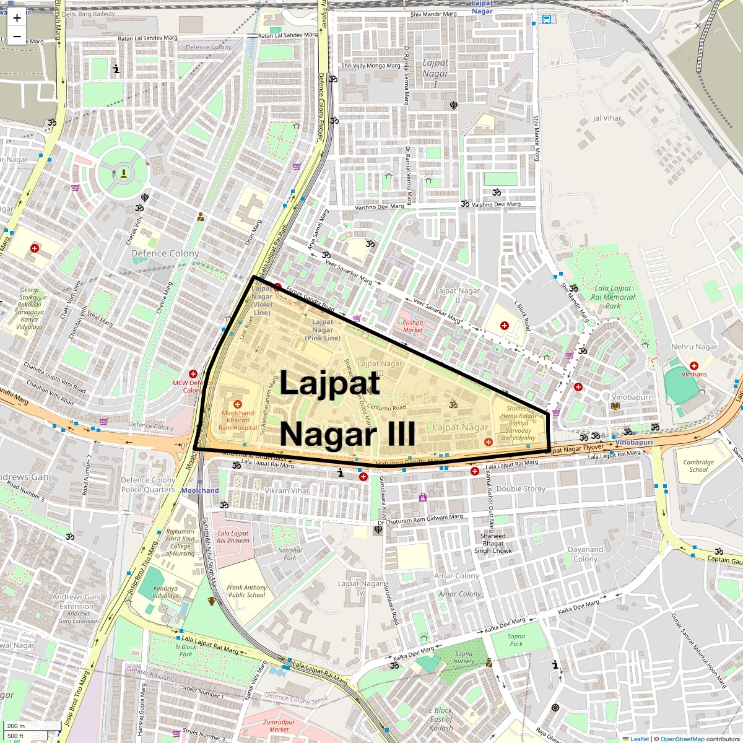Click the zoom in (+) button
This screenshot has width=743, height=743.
[x=17, y=18]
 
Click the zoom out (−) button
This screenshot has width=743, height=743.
[x=17, y=36]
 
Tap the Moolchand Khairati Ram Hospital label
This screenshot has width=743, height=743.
[x=238, y=420]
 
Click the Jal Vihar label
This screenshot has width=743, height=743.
[x=607, y=118]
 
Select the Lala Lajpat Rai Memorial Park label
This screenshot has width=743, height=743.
[x=613, y=297]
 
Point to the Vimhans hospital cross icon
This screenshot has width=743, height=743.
[x=693, y=365]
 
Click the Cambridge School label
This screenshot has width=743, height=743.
[x=698, y=466]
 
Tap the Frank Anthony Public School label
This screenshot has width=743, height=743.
[x=246, y=591]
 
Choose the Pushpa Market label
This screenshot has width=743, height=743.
[x=413, y=326]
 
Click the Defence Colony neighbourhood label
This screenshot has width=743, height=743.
[x=165, y=253]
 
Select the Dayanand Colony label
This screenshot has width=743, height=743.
[x=585, y=554]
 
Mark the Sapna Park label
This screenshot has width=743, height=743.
[x=516, y=640]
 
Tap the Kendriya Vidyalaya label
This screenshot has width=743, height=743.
[x=165, y=592]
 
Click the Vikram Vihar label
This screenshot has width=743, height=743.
[x=286, y=490]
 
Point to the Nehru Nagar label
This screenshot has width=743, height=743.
[x=694, y=347]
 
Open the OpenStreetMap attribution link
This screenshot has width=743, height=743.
[x=682, y=739]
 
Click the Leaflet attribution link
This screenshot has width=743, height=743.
[x=640, y=739]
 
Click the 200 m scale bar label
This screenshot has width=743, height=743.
[x=16, y=726]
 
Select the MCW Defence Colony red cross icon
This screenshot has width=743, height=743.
[x=193, y=374]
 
